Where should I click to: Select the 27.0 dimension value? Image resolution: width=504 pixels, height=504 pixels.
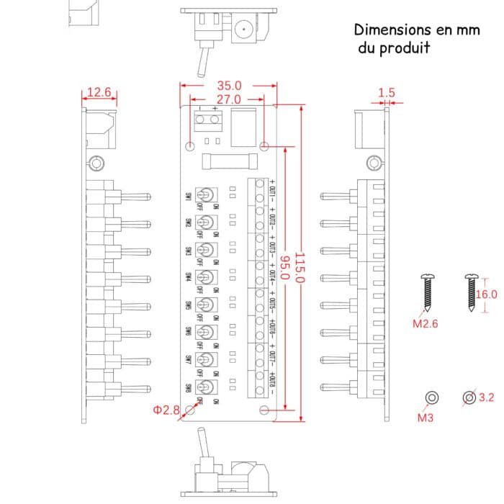(229, 99)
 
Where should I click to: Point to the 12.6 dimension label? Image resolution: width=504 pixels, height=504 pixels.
(99, 92)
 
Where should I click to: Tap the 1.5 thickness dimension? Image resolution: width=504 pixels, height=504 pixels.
(387, 92)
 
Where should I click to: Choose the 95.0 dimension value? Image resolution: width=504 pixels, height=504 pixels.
(284, 267)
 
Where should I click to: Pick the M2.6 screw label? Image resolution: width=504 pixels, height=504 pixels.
(426, 323)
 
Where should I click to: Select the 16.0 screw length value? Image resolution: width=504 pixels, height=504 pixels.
(486, 293)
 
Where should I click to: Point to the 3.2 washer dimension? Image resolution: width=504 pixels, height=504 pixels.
(486, 397)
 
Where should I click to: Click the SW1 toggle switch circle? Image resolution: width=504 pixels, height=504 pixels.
(208, 195)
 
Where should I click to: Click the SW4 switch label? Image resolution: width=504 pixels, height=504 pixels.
(188, 277)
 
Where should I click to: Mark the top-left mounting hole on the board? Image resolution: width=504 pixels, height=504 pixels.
(190, 147)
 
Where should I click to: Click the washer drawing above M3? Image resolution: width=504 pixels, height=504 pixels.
(432, 397)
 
